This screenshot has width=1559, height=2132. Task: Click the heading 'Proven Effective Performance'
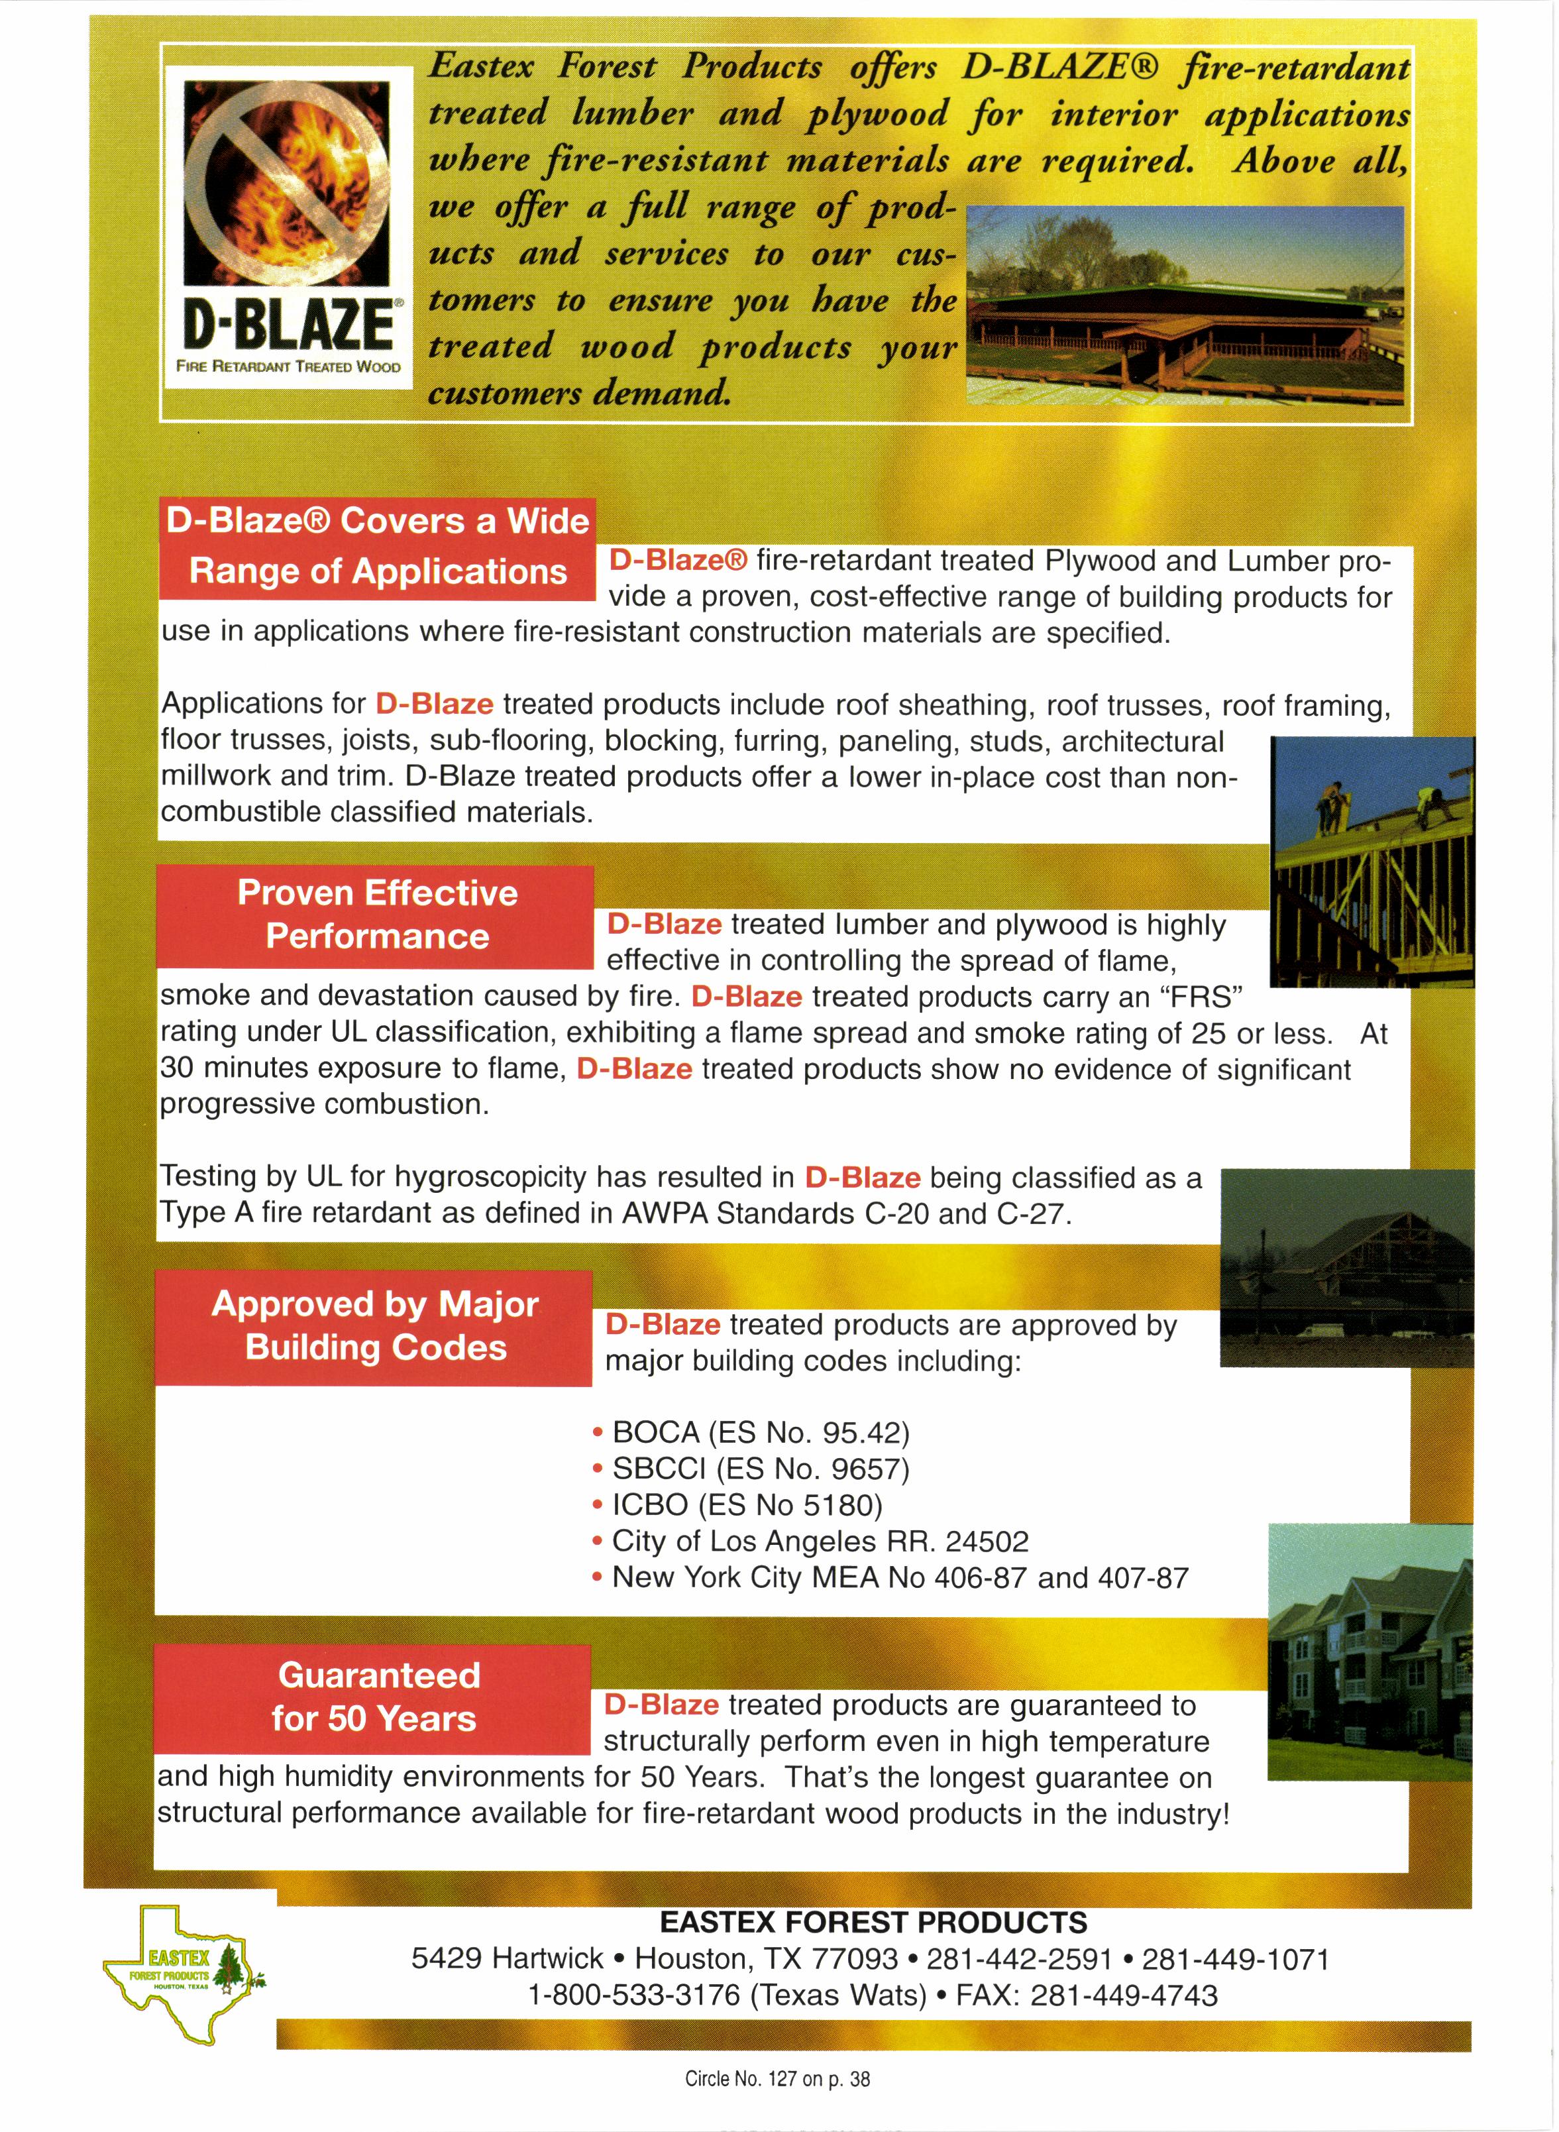376,915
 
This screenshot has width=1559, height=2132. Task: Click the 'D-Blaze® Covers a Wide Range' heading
378,547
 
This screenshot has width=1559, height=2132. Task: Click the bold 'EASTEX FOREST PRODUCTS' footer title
873,1921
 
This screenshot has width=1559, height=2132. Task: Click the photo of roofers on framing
1372,861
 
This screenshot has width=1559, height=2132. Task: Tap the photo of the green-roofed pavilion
1186,305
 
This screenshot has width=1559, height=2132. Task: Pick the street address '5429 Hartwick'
507,1958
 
